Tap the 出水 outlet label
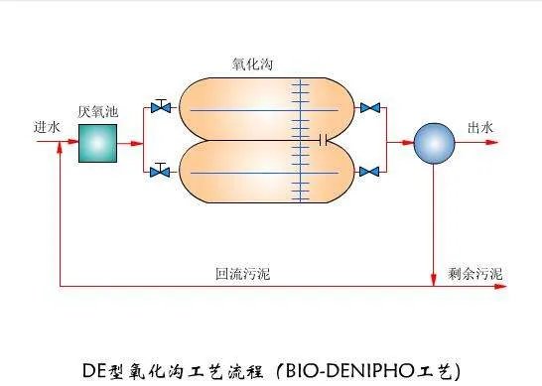point(480,128)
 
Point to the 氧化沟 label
point(255,64)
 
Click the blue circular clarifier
point(433,144)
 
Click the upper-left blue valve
point(159,107)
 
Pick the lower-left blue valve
point(159,173)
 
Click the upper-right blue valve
point(370,107)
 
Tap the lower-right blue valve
point(370,173)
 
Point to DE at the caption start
point(95,368)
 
